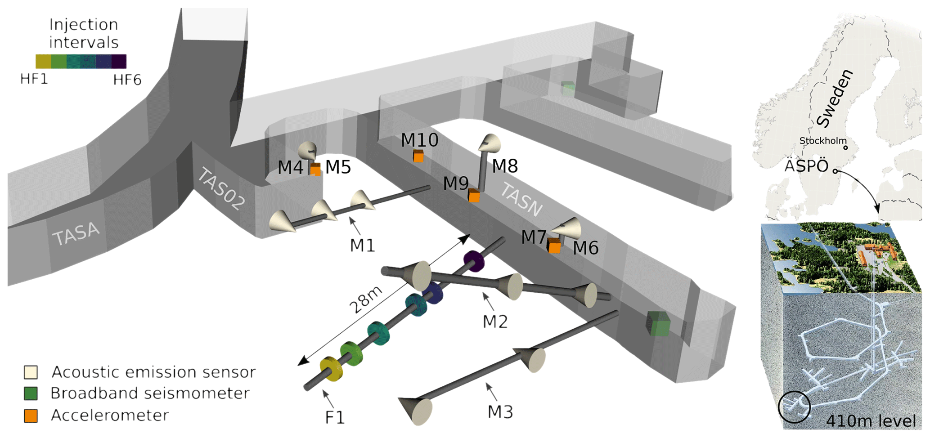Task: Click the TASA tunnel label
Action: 76,234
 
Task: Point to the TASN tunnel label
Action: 521,200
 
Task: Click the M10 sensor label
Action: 419,141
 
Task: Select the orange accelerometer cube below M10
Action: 418,156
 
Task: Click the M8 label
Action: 505,166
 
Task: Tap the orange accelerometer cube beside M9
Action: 474,196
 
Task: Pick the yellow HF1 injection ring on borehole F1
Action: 331,369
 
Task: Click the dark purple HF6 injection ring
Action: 474,261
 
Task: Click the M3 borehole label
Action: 500,411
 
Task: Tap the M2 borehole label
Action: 495,322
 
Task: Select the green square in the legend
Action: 31,393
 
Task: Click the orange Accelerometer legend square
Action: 31,416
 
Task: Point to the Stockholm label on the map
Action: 822,141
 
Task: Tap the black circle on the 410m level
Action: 794,407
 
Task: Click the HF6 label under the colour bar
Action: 127,80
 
